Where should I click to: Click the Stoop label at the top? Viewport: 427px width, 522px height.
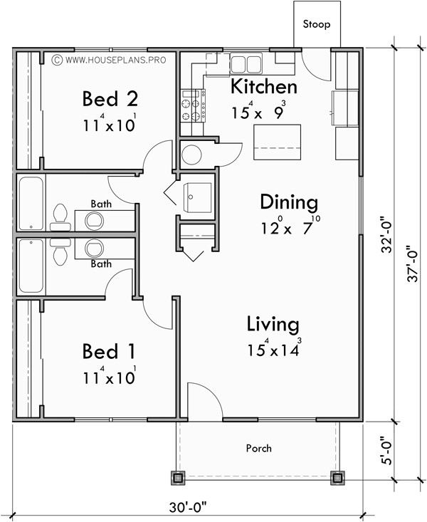click(x=317, y=24)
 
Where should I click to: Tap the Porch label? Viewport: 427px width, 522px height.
click(x=258, y=448)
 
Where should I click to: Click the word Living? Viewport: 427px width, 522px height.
click(x=273, y=325)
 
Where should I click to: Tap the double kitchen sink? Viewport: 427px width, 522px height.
click(x=246, y=63)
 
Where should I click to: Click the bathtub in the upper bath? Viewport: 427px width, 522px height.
click(x=31, y=204)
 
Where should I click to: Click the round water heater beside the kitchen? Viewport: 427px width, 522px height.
click(x=192, y=153)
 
